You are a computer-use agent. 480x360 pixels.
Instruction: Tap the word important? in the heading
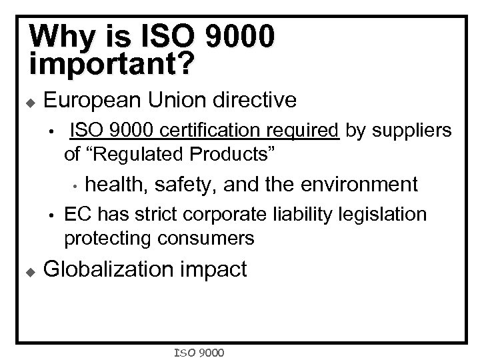coord(113,63)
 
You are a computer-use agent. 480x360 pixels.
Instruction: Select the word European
coord(93,101)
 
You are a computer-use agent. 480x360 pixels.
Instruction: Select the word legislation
coord(387,214)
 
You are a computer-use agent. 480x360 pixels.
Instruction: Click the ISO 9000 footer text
coord(199,351)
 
